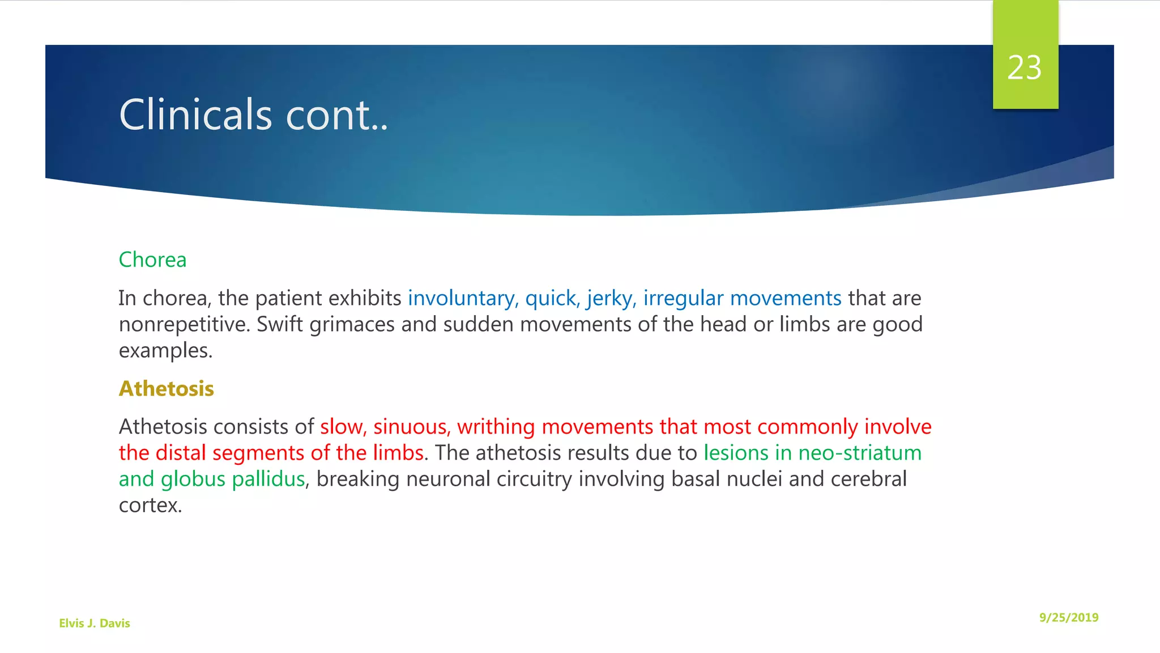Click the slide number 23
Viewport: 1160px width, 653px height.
click(x=1024, y=68)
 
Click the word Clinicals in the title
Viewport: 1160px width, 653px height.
click(x=195, y=115)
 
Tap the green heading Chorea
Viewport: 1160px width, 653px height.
click(x=152, y=260)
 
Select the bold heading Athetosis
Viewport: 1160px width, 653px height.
click(x=166, y=389)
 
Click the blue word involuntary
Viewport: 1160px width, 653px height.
click(x=460, y=298)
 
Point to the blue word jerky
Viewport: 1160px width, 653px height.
click(x=609, y=298)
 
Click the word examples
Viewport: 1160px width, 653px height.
click(x=165, y=351)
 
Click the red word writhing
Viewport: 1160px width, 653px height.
click(x=496, y=427)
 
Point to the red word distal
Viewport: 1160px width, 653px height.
click(x=181, y=453)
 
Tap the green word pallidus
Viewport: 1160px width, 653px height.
click(x=268, y=480)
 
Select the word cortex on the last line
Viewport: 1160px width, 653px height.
click(x=150, y=506)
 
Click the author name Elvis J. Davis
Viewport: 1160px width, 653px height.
click(x=95, y=624)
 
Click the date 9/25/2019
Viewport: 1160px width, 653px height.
click(x=1068, y=618)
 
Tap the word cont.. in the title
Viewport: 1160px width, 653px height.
click(x=336, y=115)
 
